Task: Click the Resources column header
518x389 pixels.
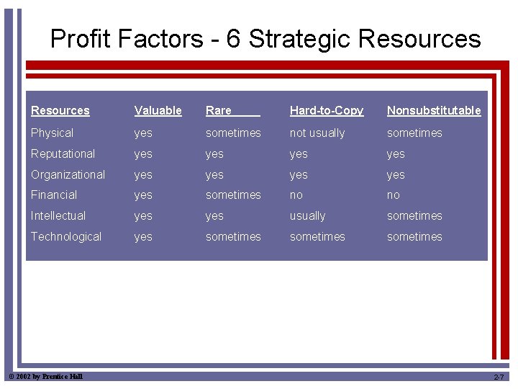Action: (x=60, y=110)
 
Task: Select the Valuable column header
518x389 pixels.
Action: (x=158, y=110)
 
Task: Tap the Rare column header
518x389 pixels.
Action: (x=219, y=110)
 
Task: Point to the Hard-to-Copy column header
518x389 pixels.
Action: (x=326, y=110)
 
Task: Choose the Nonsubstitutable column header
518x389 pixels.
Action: (x=434, y=110)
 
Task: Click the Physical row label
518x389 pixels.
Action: (x=52, y=133)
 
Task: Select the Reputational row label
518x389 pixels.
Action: (x=63, y=153)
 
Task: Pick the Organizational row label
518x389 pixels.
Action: (x=68, y=174)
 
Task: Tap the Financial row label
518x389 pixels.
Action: (x=53, y=194)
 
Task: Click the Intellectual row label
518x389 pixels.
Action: (x=58, y=215)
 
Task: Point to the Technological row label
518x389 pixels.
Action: (x=65, y=236)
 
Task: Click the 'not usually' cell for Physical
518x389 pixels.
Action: (x=317, y=133)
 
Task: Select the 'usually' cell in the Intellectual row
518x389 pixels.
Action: (x=307, y=215)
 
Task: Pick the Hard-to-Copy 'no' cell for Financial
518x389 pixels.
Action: (x=296, y=194)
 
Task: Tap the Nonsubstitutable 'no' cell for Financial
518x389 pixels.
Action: (x=393, y=194)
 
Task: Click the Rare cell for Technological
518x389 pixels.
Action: (x=233, y=236)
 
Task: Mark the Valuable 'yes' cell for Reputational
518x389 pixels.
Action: (x=143, y=153)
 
